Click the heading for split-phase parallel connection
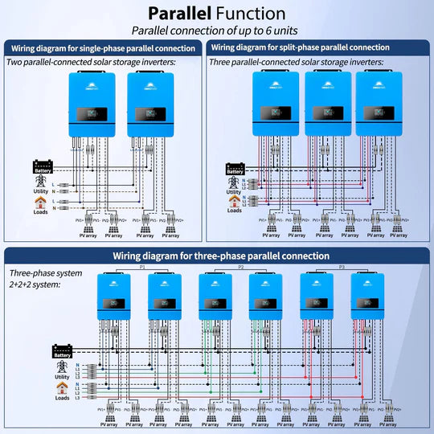click(x=319, y=48)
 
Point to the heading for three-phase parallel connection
click(x=216, y=256)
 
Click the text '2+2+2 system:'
click(x=31, y=284)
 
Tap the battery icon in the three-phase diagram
click(x=61, y=350)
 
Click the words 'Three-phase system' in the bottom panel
click(x=40, y=272)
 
